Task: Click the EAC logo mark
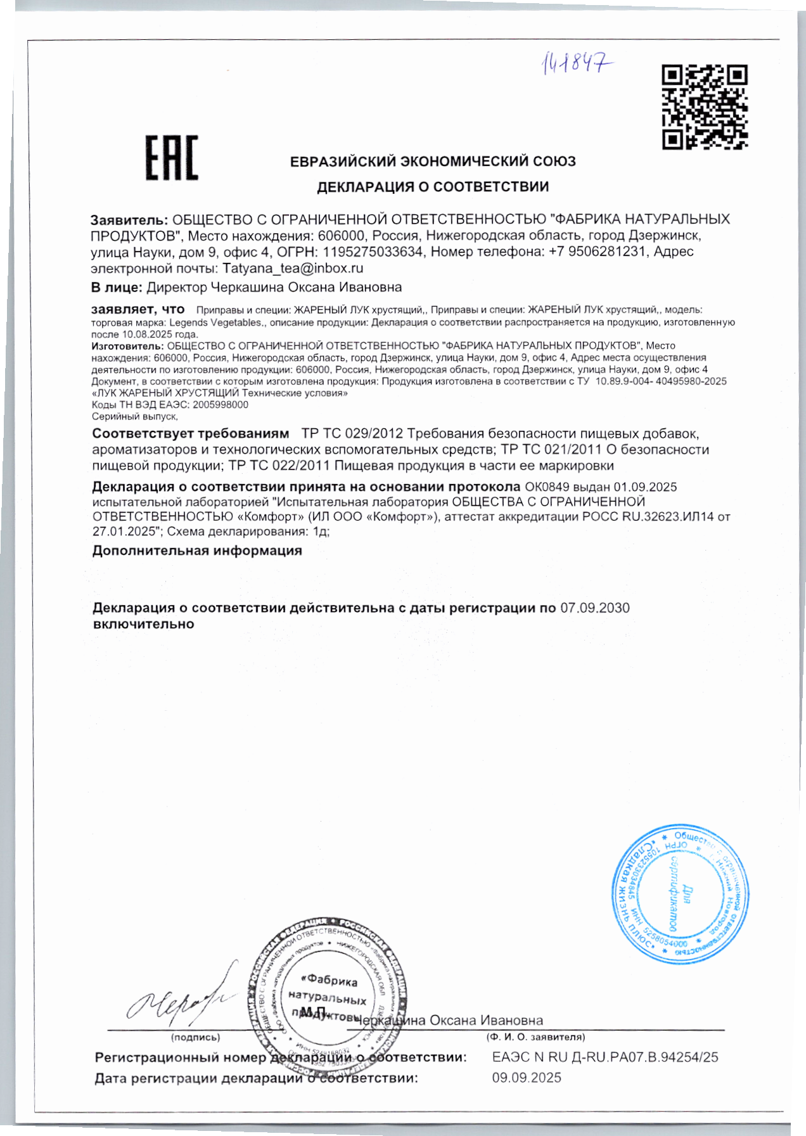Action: (172, 158)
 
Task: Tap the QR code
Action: (705, 107)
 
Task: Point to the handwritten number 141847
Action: (577, 63)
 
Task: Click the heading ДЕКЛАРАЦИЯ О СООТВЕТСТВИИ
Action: (433, 187)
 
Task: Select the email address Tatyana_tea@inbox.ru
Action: (293, 268)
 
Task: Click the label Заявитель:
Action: (129, 220)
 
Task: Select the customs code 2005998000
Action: (221, 404)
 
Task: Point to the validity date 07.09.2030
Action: (595, 608)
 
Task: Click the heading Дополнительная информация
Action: (197, 551)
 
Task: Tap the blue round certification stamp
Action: (680, 894)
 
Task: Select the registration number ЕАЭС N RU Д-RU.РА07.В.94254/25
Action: (605, 1057)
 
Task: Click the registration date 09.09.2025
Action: (527, 1078)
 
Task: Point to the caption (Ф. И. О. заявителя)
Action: (535, 1037)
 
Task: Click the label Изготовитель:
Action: (127, 346)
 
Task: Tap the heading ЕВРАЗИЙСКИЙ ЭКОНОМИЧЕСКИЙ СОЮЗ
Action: (433, 162)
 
